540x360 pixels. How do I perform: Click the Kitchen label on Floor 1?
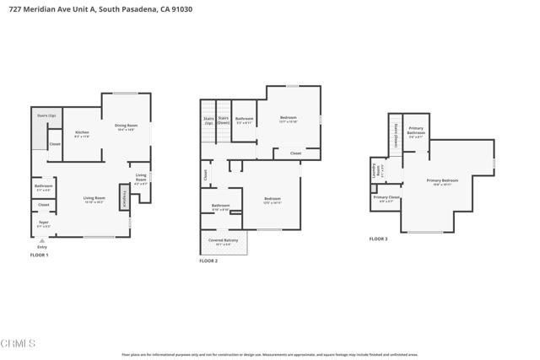[x=82, y=133]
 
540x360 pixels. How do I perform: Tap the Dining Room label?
[x=126, y=127]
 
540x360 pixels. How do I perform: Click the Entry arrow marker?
[x=42, y=244]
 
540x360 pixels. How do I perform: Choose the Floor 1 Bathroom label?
[x=43, y=186]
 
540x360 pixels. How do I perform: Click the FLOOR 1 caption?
[x=40, y=255]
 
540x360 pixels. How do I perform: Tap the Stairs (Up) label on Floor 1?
[x=46, y=114]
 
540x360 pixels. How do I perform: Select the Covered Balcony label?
[x=224, y=242]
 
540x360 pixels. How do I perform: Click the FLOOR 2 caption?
[x=208, y=261]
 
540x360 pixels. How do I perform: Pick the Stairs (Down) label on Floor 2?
[x=224, y=121]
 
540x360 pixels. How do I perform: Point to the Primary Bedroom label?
[x=443, y=181]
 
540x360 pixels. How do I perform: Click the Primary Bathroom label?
[x=416, y=133]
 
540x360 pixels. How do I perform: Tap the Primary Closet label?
[x=387, y=200]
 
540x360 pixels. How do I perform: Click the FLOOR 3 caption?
[x=378, y=239]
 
